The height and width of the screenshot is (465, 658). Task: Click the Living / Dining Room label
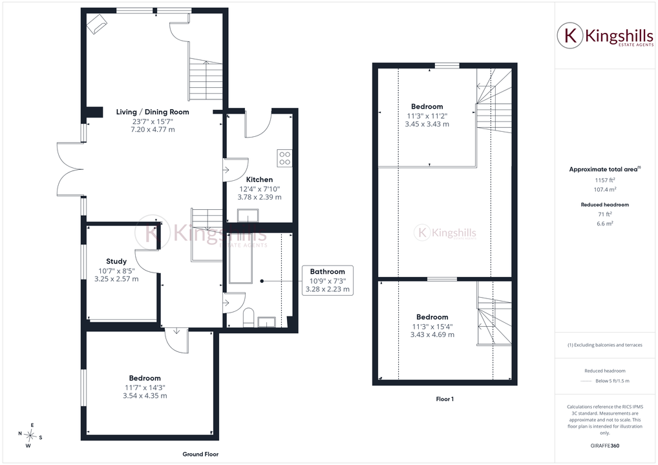pos(153,112)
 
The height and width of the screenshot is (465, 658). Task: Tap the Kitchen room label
pos(259,180)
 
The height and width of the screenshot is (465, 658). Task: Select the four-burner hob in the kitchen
pos(284,158)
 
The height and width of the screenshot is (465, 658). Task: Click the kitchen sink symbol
pos(248,216)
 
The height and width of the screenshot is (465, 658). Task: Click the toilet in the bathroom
pos(248,318)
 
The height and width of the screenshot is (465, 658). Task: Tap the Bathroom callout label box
pos(327,280)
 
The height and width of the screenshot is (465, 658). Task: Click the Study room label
pos(116,261)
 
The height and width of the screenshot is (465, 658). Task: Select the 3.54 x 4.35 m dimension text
pos(145,396)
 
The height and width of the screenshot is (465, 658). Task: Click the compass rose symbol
pos(30,435)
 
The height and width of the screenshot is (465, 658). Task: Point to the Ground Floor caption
pos(200,454)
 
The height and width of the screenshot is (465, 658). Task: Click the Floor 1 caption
pos(445,399)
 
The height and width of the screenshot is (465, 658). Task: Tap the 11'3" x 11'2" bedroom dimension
pos(427,116)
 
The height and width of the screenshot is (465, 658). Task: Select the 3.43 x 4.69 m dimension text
pos(432,335)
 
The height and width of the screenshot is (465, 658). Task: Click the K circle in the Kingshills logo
pos(570,36)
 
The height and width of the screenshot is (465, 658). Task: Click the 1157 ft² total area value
pos(605,180)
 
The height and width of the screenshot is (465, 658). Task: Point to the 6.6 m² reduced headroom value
pos(605,223)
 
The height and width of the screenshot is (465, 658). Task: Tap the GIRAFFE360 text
pos(605,446)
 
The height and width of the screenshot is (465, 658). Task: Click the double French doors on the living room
pos(70,169)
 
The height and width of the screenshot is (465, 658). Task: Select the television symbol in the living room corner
pos(97,23)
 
